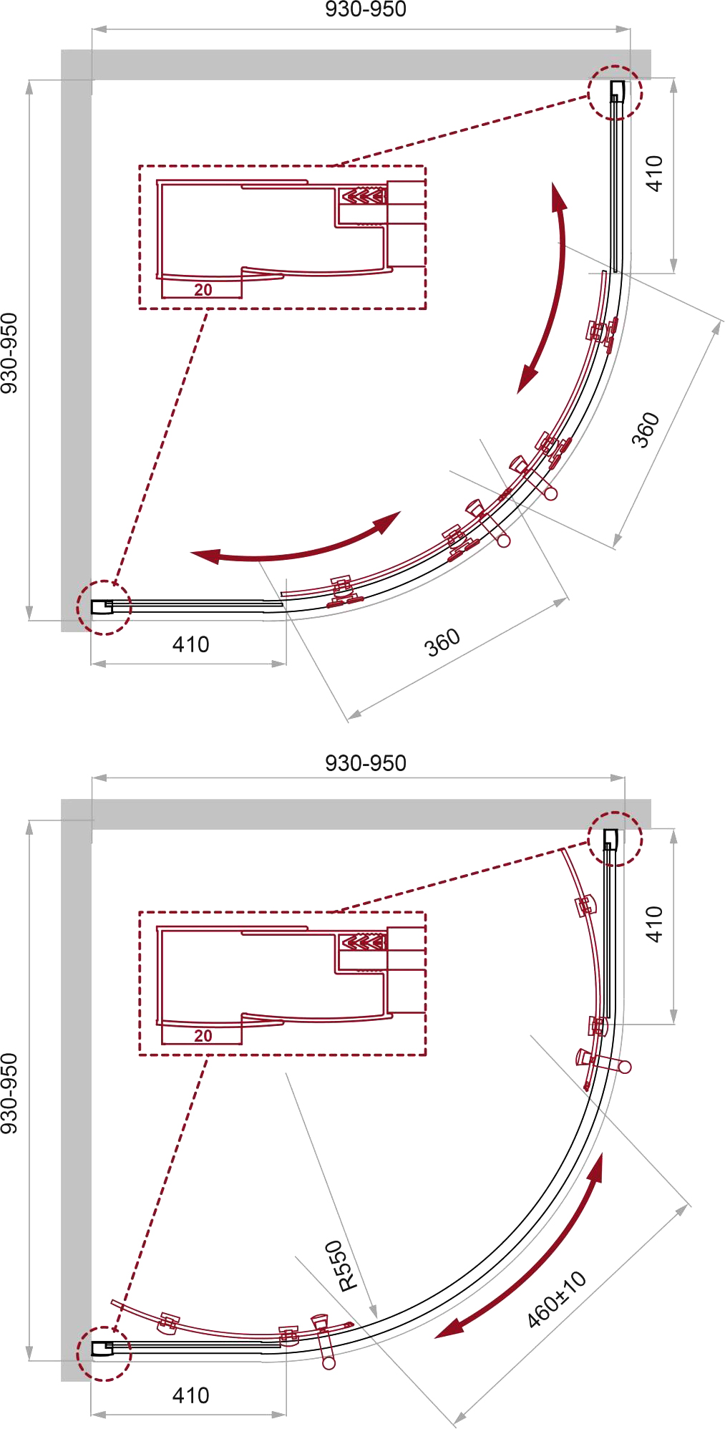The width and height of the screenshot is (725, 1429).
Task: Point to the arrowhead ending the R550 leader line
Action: click(373, 1309)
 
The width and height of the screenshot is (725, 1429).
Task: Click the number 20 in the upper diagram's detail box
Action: click(203, 290)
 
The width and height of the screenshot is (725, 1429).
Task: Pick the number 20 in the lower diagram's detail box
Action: click(203, 1036)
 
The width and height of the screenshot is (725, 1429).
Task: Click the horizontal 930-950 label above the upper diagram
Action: click(366, 9)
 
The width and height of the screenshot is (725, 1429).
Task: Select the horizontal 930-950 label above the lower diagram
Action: click(366, 763)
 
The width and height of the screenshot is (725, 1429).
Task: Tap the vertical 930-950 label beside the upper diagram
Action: click(9, 353)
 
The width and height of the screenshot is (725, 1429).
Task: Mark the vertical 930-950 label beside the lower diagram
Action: click(9, 1093)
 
